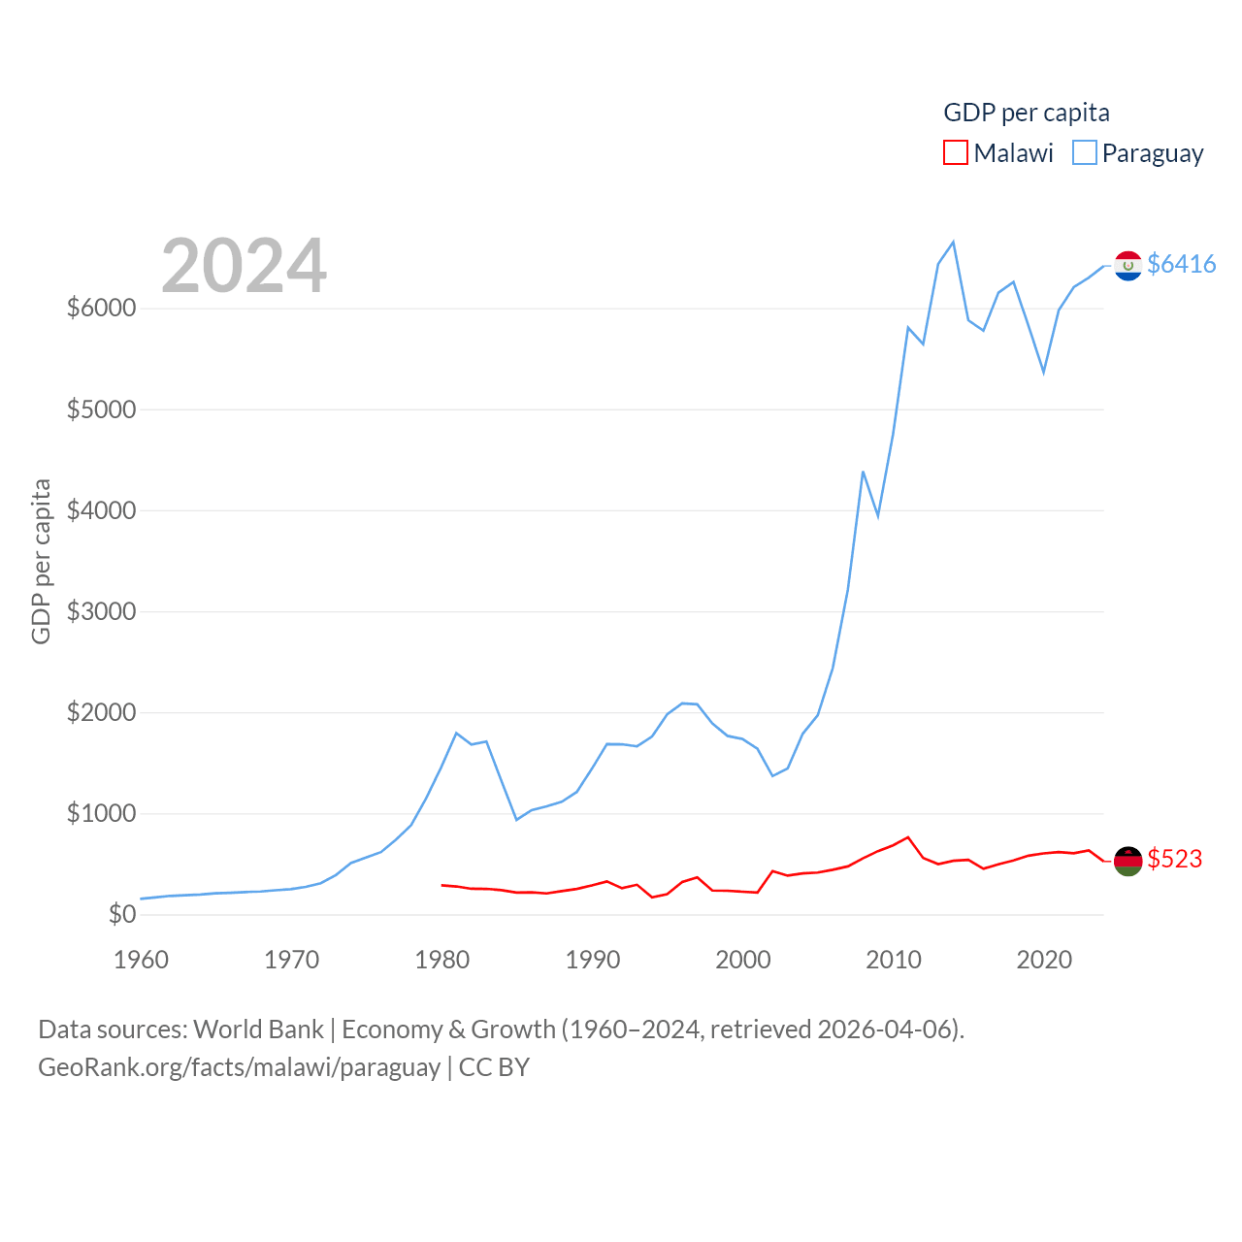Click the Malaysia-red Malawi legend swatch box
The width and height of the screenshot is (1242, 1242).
(x=956, y=153)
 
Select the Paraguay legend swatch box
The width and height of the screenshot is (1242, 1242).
(x=1085, y=153)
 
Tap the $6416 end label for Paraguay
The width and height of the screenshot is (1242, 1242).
(x=1181, y=264)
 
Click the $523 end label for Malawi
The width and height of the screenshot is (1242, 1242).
(x=1174, y=859)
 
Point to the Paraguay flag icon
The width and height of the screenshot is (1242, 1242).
(x=1128, y=265)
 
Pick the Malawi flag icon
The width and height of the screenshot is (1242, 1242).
(x=1128, y=861)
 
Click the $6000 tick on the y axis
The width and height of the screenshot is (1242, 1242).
(x=101, y=308)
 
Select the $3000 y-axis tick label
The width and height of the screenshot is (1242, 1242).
(x=101, y=611)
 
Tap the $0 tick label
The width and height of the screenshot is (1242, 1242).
(x=122, y=914)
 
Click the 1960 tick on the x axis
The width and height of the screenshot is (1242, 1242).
(x=142, y=960)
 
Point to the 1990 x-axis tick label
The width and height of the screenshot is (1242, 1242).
(x=593, y=960)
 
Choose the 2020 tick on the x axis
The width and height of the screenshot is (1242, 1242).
(x=1044, y=960)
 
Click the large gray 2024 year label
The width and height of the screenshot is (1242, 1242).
(x=244, y=266)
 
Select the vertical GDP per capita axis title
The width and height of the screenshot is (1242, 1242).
(x=41, y=561)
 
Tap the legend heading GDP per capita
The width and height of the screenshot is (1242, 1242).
(x=1027, y=113)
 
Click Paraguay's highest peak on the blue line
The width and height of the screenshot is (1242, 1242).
(x=953, y=242)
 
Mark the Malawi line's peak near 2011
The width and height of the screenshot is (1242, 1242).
(x=908, y=836)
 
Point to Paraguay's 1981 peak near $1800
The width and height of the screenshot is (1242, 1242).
(x=456, y=733)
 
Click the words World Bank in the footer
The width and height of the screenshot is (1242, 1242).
(x=258, y=1029)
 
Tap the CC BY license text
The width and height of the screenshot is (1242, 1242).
(x=494, y=1067)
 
